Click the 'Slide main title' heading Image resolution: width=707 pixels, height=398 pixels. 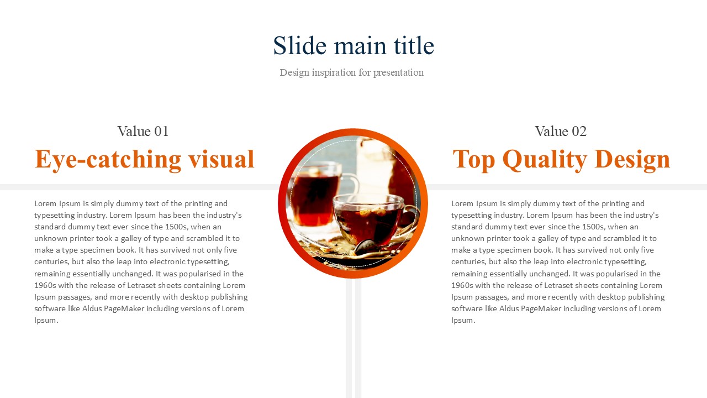(353, 45)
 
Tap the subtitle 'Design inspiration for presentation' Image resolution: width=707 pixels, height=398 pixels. (352, 72)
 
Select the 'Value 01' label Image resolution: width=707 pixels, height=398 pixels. (143, 131)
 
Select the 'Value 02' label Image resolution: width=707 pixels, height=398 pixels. (561, 131)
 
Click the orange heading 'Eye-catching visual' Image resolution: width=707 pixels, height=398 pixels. (144, 159)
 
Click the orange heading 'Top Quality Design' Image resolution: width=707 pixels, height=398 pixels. (561, 159)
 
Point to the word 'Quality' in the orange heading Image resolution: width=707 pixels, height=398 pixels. (545, 160)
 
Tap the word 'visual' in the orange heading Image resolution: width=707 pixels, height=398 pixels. (221, 159)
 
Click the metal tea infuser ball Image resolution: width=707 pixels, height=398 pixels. (366, 247)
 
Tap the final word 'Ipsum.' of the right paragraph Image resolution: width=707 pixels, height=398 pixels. (463, 320)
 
